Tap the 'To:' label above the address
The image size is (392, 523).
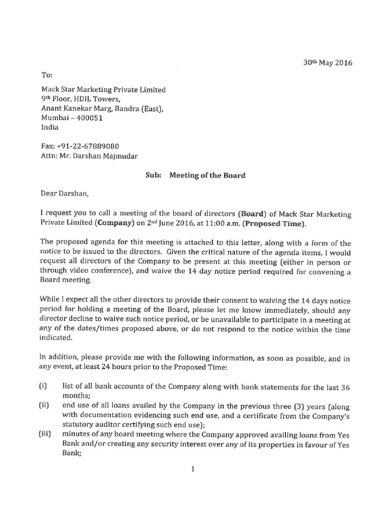tap(46, 75)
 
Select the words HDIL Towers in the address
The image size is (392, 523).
tap(99, 99)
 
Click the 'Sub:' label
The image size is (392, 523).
tap(153, 175)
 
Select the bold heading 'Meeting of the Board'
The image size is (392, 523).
tap(207, 175)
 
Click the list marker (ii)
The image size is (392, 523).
tap(44, 406)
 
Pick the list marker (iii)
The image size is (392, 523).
tap(45, 434)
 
